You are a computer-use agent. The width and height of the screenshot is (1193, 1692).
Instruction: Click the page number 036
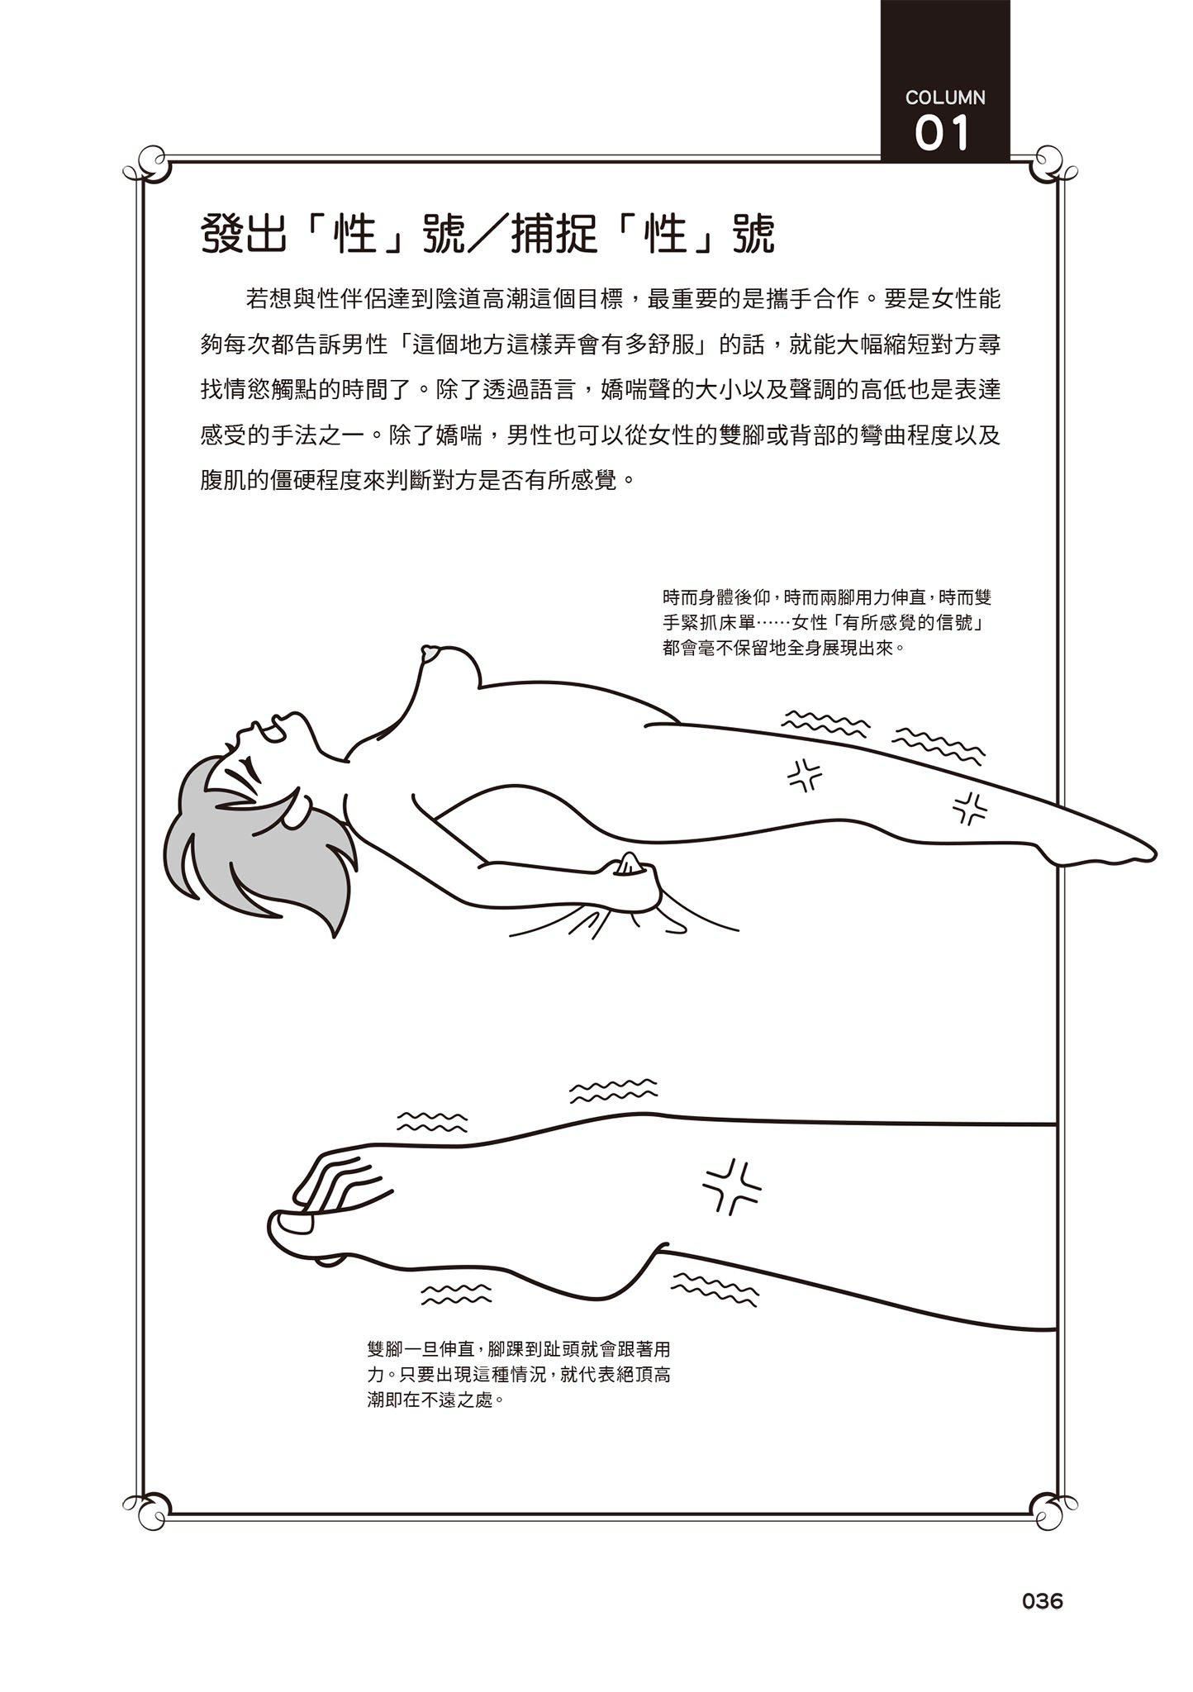point(1042,1624)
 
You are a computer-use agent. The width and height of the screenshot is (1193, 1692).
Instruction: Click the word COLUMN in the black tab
point(945,97)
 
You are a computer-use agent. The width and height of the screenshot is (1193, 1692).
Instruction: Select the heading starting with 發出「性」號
point(488,234)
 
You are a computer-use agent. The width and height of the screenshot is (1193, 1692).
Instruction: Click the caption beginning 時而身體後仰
point(826,622)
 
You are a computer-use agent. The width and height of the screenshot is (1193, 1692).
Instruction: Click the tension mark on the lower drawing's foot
point(732,1186)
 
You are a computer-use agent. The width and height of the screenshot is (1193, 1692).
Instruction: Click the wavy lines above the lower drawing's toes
point(432,1121)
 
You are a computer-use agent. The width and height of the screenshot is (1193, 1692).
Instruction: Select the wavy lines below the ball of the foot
point(456,1293)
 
